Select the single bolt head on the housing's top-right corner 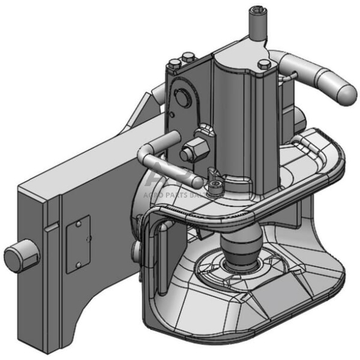(x=264, y=63)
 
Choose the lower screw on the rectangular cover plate (x=78, y=264)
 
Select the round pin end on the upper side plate (x=181, y=99)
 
